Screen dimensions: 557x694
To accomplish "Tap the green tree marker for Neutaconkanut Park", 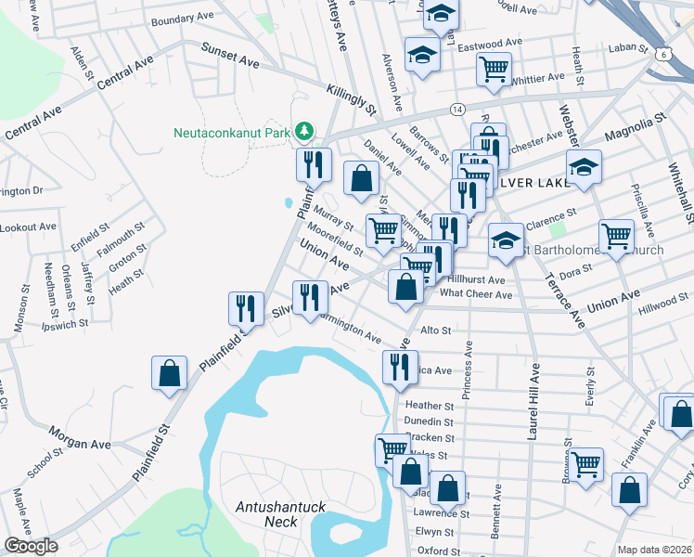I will tap(303, 132).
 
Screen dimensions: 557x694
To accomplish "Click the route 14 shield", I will tap(457, 109).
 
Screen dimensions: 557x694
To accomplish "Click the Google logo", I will tap(30, 546).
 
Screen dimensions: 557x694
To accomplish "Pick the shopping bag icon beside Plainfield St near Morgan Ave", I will tap(170, 373).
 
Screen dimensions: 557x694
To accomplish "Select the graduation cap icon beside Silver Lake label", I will tap(584, 167).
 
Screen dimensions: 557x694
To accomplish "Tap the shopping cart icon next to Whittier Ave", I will tap(494, 67).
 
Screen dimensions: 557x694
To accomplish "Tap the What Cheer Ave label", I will tap(476, 294).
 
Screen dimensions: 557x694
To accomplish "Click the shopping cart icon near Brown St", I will tap(586, 463).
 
